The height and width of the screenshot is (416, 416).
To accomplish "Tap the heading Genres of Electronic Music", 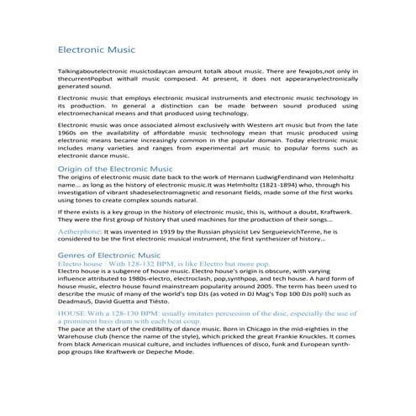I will [107, 254].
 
